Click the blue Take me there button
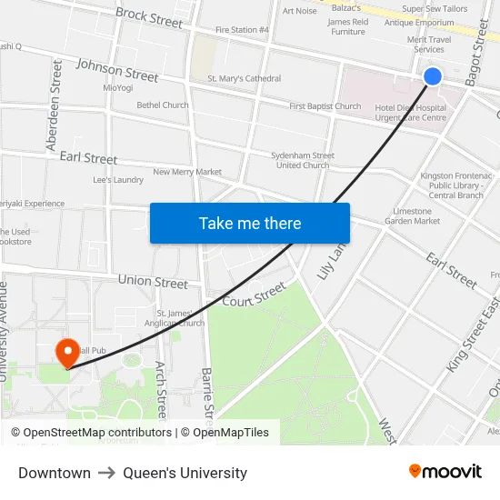pyautogui.click(x=250, y=224)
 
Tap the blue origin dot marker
pyautogui.click(x=433, y=76)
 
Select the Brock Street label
pyautogui.click(x=149, y=17)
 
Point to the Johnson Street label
pyautogui.click(x=117, y=69)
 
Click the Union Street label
pyautogui.click(x=153, y=282)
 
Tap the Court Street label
pyautogui.click(x=254, y=295)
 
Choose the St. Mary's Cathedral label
pyautogui.click(x=245, y=79)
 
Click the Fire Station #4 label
pyautogui.click(x=242, y=30)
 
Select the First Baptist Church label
pyautogui.click(x=325, y=106)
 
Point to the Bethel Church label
pyautogui.click(x=163, y=105)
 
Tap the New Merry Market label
pyautogui.click(x=187, y=172)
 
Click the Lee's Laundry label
pyautogui.click(x=118, y=180)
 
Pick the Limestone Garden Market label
pyautogui.click(x=412, y=216)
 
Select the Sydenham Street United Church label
pyautogui.click(x=303, y=160)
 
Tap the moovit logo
pyautogui.click(x=445, y=471)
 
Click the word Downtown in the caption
pyautogui.click(x=55, y=473)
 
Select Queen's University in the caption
pyautogui.click(x=185, y=473)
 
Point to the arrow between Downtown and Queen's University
pyautogui.click(x=106, y=473)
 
